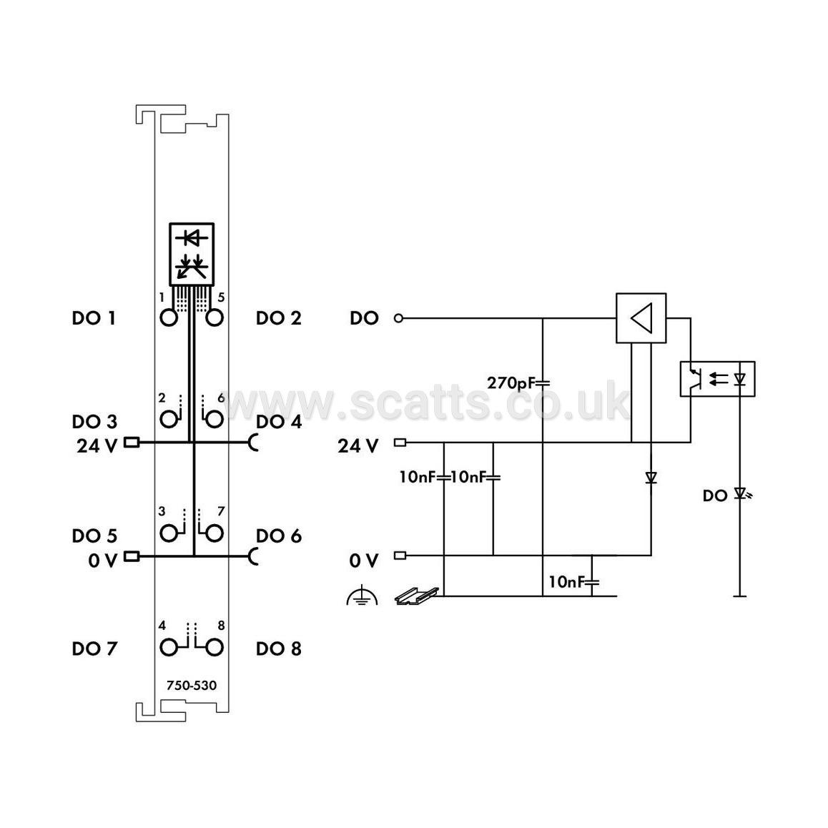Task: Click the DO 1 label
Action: point(94,318)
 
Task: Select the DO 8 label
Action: point(278,649)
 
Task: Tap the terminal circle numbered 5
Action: point(214,317)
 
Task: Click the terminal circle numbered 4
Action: point(169,647)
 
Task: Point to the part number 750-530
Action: point(191,686)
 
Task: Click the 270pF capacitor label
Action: point(511,383)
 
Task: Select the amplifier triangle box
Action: point(641,318)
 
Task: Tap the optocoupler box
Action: point(717,379)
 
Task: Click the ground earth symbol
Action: point(362,595)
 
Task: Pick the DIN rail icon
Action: point(417,596)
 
